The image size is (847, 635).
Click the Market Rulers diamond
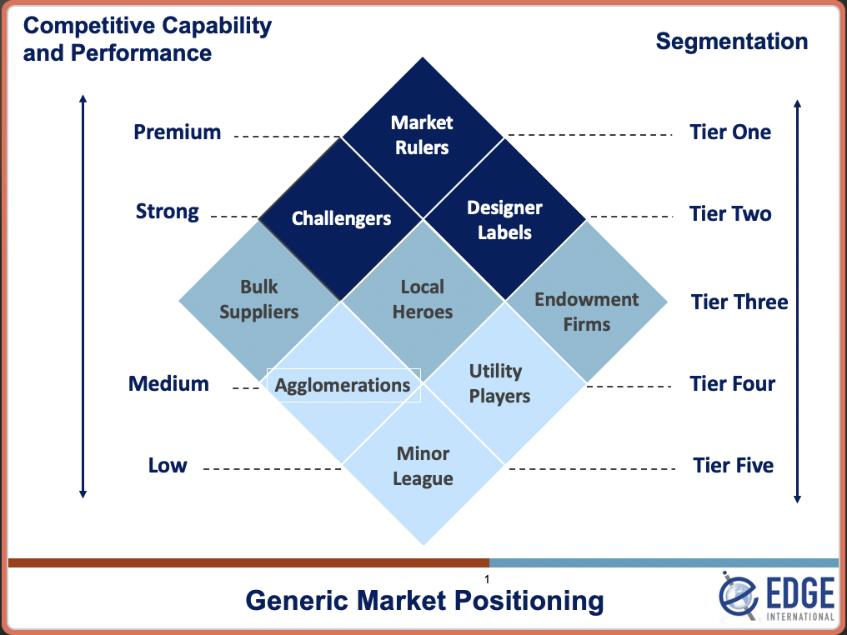click(422, 135)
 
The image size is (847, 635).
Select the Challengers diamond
click(341, 218)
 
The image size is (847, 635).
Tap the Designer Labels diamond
click(504, 220)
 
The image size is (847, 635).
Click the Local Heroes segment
click(423, 299)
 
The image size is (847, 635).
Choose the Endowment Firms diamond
click(586, 311)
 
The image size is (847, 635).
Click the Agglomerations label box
click(343, 385)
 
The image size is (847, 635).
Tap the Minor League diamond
click(423, 467)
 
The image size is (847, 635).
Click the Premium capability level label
click(177, 132)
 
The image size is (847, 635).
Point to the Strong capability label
click(168, 212)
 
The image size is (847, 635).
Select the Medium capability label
click(168, 384)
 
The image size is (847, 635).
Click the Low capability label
click(168, 466)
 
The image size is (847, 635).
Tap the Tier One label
click(730, 132)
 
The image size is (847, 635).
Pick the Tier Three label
click(739, 302)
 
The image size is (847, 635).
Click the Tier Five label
click(733, 466)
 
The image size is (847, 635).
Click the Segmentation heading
click(731, 42)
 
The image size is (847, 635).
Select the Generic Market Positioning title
click(424, 600)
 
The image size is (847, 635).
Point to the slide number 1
click(486, 579)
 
